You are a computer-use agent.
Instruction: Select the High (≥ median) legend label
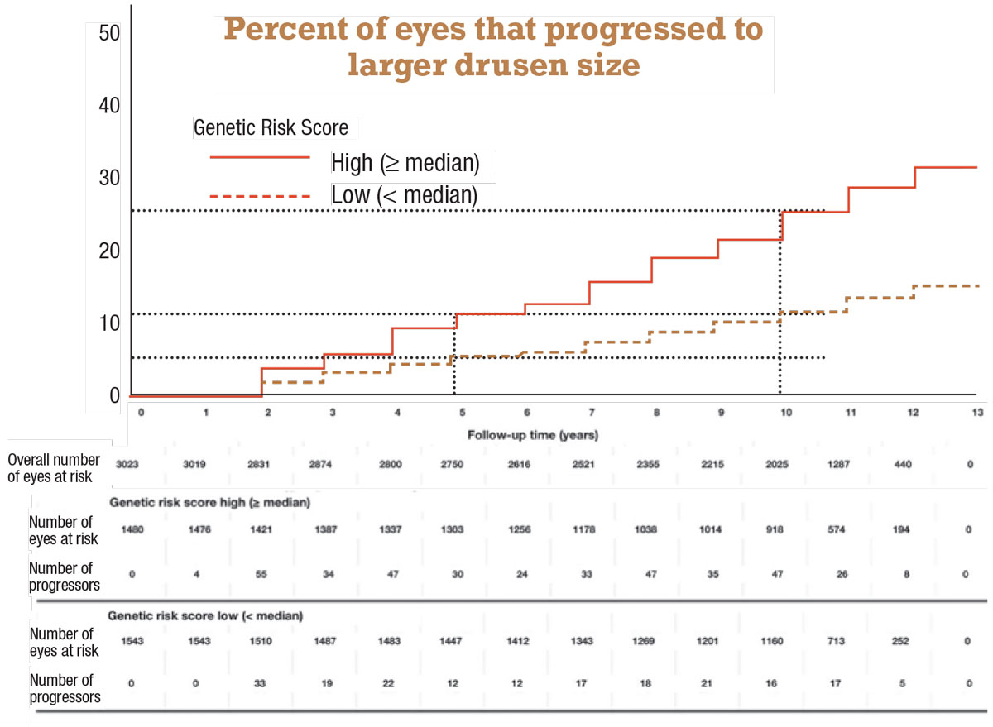click(x=405, y=162)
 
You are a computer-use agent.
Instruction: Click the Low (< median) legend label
click(x=404, y=195)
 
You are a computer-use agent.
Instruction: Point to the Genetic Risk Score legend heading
click(x=271, y=128)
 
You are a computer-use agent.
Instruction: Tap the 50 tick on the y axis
click(x=109, y=33)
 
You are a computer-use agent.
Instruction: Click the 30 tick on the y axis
click(x=109, y=178)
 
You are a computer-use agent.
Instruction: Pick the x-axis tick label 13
click(x=977, y=411)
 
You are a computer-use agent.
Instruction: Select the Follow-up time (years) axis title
click(x=532, y=434)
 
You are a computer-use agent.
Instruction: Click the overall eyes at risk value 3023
click(x=128, y=466)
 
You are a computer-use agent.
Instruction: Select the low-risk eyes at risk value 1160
click(x=779, y=642)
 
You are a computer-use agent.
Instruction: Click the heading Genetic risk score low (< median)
click(x=205, y=616)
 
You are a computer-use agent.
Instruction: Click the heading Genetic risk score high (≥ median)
click(x=209, y=502)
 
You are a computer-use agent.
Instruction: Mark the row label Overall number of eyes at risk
click(x=55, y=466)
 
